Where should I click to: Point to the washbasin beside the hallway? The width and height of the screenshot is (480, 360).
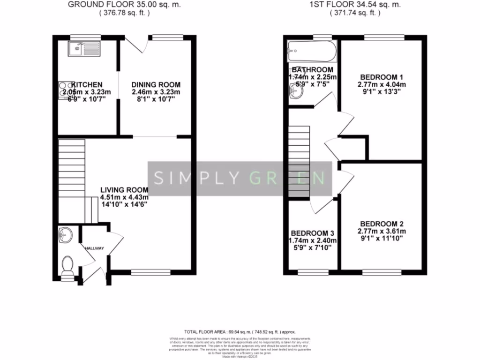tap(66, 235)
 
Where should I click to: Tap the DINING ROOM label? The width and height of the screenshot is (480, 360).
tap(156, 85)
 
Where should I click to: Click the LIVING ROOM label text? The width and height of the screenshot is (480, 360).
tap(124, 190)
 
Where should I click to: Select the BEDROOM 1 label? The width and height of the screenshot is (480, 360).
tap(382, 77)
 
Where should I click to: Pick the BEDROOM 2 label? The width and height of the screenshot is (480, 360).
tap(382, 224)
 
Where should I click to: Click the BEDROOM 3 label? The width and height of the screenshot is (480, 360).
tap(313, 233)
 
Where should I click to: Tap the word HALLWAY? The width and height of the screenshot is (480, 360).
tap(94, 248)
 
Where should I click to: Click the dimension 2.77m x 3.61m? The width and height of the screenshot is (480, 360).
tap(382, 232)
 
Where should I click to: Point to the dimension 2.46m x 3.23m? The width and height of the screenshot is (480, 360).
tap(156, 92)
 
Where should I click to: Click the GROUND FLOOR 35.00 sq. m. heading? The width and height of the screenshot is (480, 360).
tap(124, 5)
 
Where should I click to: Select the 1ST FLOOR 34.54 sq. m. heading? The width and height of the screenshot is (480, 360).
tap(355, 5)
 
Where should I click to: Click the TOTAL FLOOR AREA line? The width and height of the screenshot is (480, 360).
tap(240, 331)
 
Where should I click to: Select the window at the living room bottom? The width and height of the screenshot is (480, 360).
tap(151, 271)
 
